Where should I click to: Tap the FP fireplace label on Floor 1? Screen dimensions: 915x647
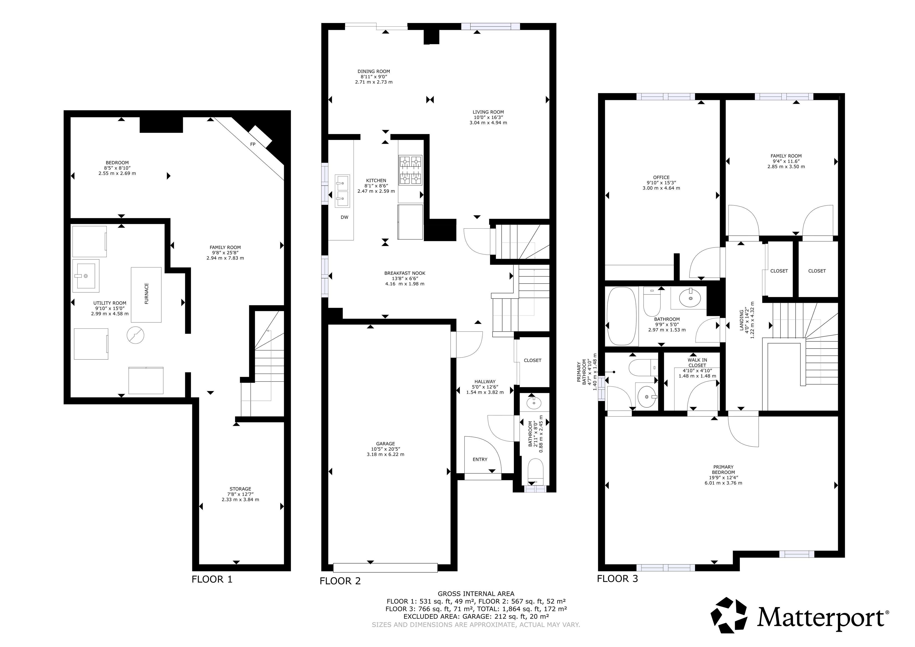pos(253,144)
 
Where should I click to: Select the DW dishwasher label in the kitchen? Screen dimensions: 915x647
pos(344,217)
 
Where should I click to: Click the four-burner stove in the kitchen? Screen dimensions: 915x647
pos(410,171)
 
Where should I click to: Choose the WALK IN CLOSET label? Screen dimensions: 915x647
pos(698,363)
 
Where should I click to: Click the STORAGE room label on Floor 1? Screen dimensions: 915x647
pos(240,489)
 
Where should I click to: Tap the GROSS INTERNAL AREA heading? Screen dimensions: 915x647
pos(476,594)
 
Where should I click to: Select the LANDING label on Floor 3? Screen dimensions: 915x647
pos(742,320)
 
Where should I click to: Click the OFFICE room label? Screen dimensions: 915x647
pos(661,177)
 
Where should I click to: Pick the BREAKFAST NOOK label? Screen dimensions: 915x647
pos(404,273)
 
